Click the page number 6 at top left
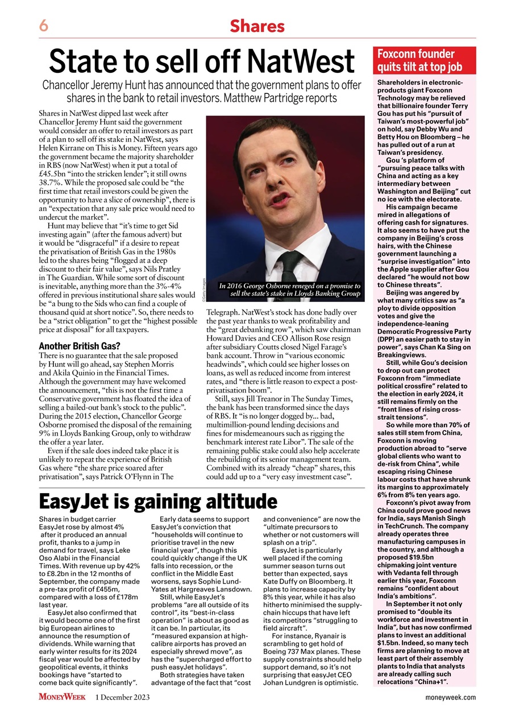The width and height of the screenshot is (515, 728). [43, 26]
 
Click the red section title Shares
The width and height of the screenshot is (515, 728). [257, 26]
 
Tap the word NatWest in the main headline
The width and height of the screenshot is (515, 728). [300, 61]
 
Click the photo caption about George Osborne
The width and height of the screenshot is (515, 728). [289, 289]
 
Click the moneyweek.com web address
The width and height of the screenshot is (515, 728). [451, 697]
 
